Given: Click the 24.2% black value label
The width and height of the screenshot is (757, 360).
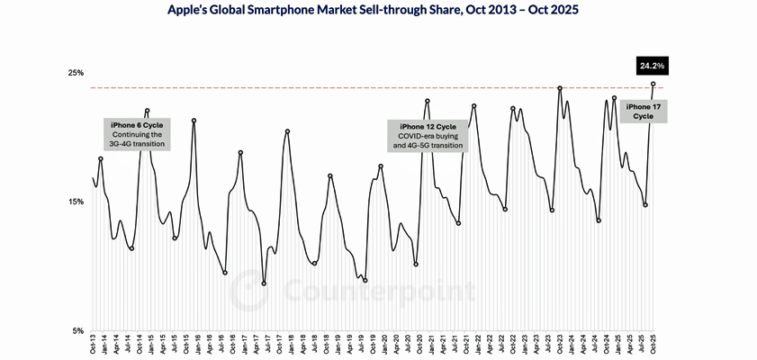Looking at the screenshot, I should click(x=651, y=65).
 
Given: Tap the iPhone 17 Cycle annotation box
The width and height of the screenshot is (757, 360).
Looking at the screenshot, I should click(x=643, y=111).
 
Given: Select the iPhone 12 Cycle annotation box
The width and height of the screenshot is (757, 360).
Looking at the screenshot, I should click(x=428, y=135).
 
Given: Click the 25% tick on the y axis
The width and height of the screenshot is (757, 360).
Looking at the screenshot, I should click(x=77, y=73).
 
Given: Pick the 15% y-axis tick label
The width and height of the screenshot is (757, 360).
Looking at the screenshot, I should click(x=77, y=202).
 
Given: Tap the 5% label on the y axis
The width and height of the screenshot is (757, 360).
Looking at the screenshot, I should click(x=79, y=330).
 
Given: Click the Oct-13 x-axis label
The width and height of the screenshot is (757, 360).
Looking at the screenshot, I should click(x=94, y=346).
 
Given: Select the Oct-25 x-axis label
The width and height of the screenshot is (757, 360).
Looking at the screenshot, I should click(x=653, y=346).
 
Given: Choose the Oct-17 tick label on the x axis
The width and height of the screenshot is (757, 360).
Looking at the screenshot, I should click(x=280, y=346).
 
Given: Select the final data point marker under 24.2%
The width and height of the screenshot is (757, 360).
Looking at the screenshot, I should click(x=653, y=84).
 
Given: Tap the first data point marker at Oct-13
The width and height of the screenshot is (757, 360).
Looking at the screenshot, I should click(x=94, y=178).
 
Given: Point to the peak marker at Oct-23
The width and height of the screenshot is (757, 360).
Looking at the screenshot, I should click(x=560, y=88).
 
